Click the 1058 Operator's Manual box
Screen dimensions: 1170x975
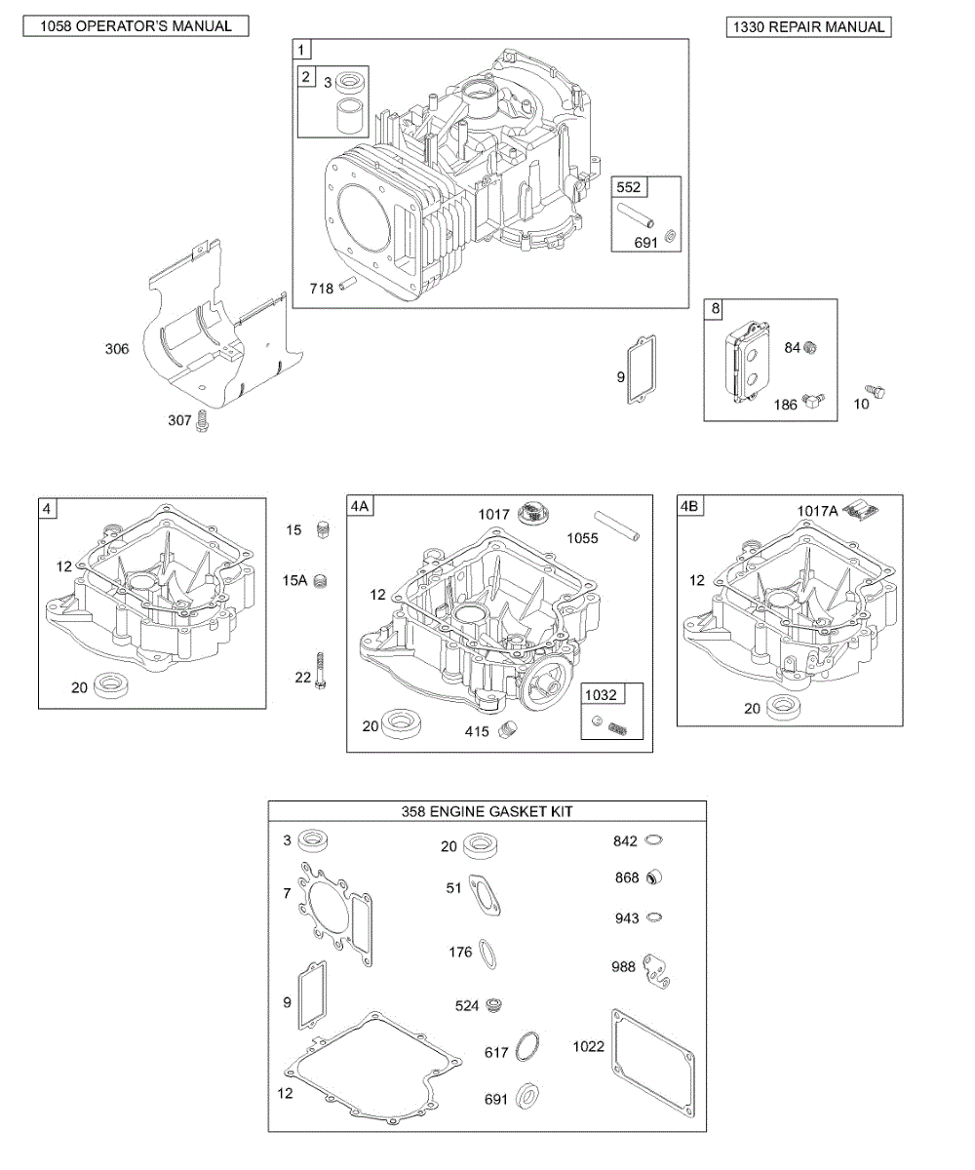pyautogui.click(x=136, y=26)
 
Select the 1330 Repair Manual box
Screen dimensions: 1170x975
pyautogui.click(x=808, y=26)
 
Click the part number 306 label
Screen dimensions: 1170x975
pyautogui.click(x=117, y=349)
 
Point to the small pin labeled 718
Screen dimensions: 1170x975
pyautogui.click(x=352, y=288)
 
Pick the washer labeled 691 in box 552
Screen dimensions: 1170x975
pyautogui.click(x=670, y=236)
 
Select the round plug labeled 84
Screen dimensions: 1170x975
pyautogui.click(x=810, y=348)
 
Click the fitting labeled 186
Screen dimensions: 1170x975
pyautogui.click(x=813, y=401)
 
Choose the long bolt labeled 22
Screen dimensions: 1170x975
pyautogui.click(x=321, y=671)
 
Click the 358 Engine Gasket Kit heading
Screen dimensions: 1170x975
pyautogui.click(x=487, y=811)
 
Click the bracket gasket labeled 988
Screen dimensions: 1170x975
pyautogui.click(x=658, y=969)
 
